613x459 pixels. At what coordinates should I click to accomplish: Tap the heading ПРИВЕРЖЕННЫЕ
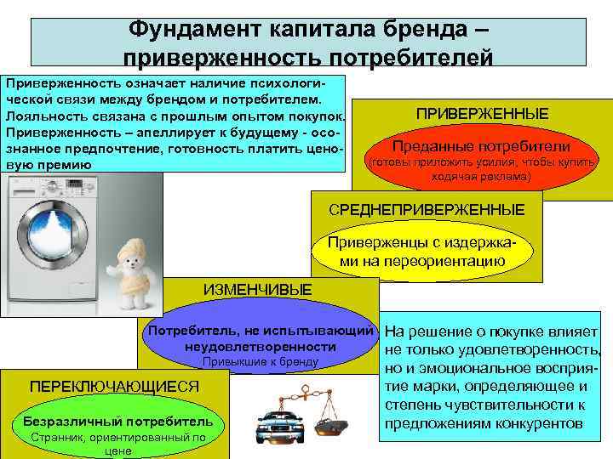(482, 114)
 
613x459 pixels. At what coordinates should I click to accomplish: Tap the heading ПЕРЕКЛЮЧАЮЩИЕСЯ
(114, 387)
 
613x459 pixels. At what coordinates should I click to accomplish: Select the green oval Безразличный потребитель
(117, 429)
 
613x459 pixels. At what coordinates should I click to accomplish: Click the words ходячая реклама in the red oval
(481, 177)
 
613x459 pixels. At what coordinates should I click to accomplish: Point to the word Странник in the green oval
(56, 439)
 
